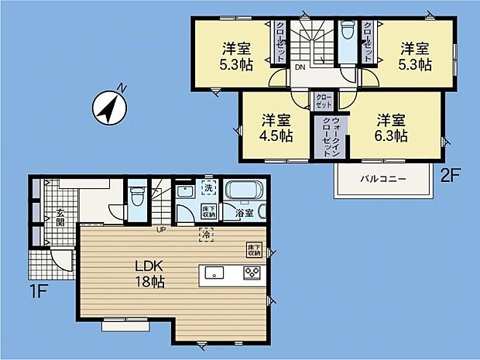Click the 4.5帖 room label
276,128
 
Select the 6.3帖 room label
393,128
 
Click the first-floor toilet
137,195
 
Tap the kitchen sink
214,272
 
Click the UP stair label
161,229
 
